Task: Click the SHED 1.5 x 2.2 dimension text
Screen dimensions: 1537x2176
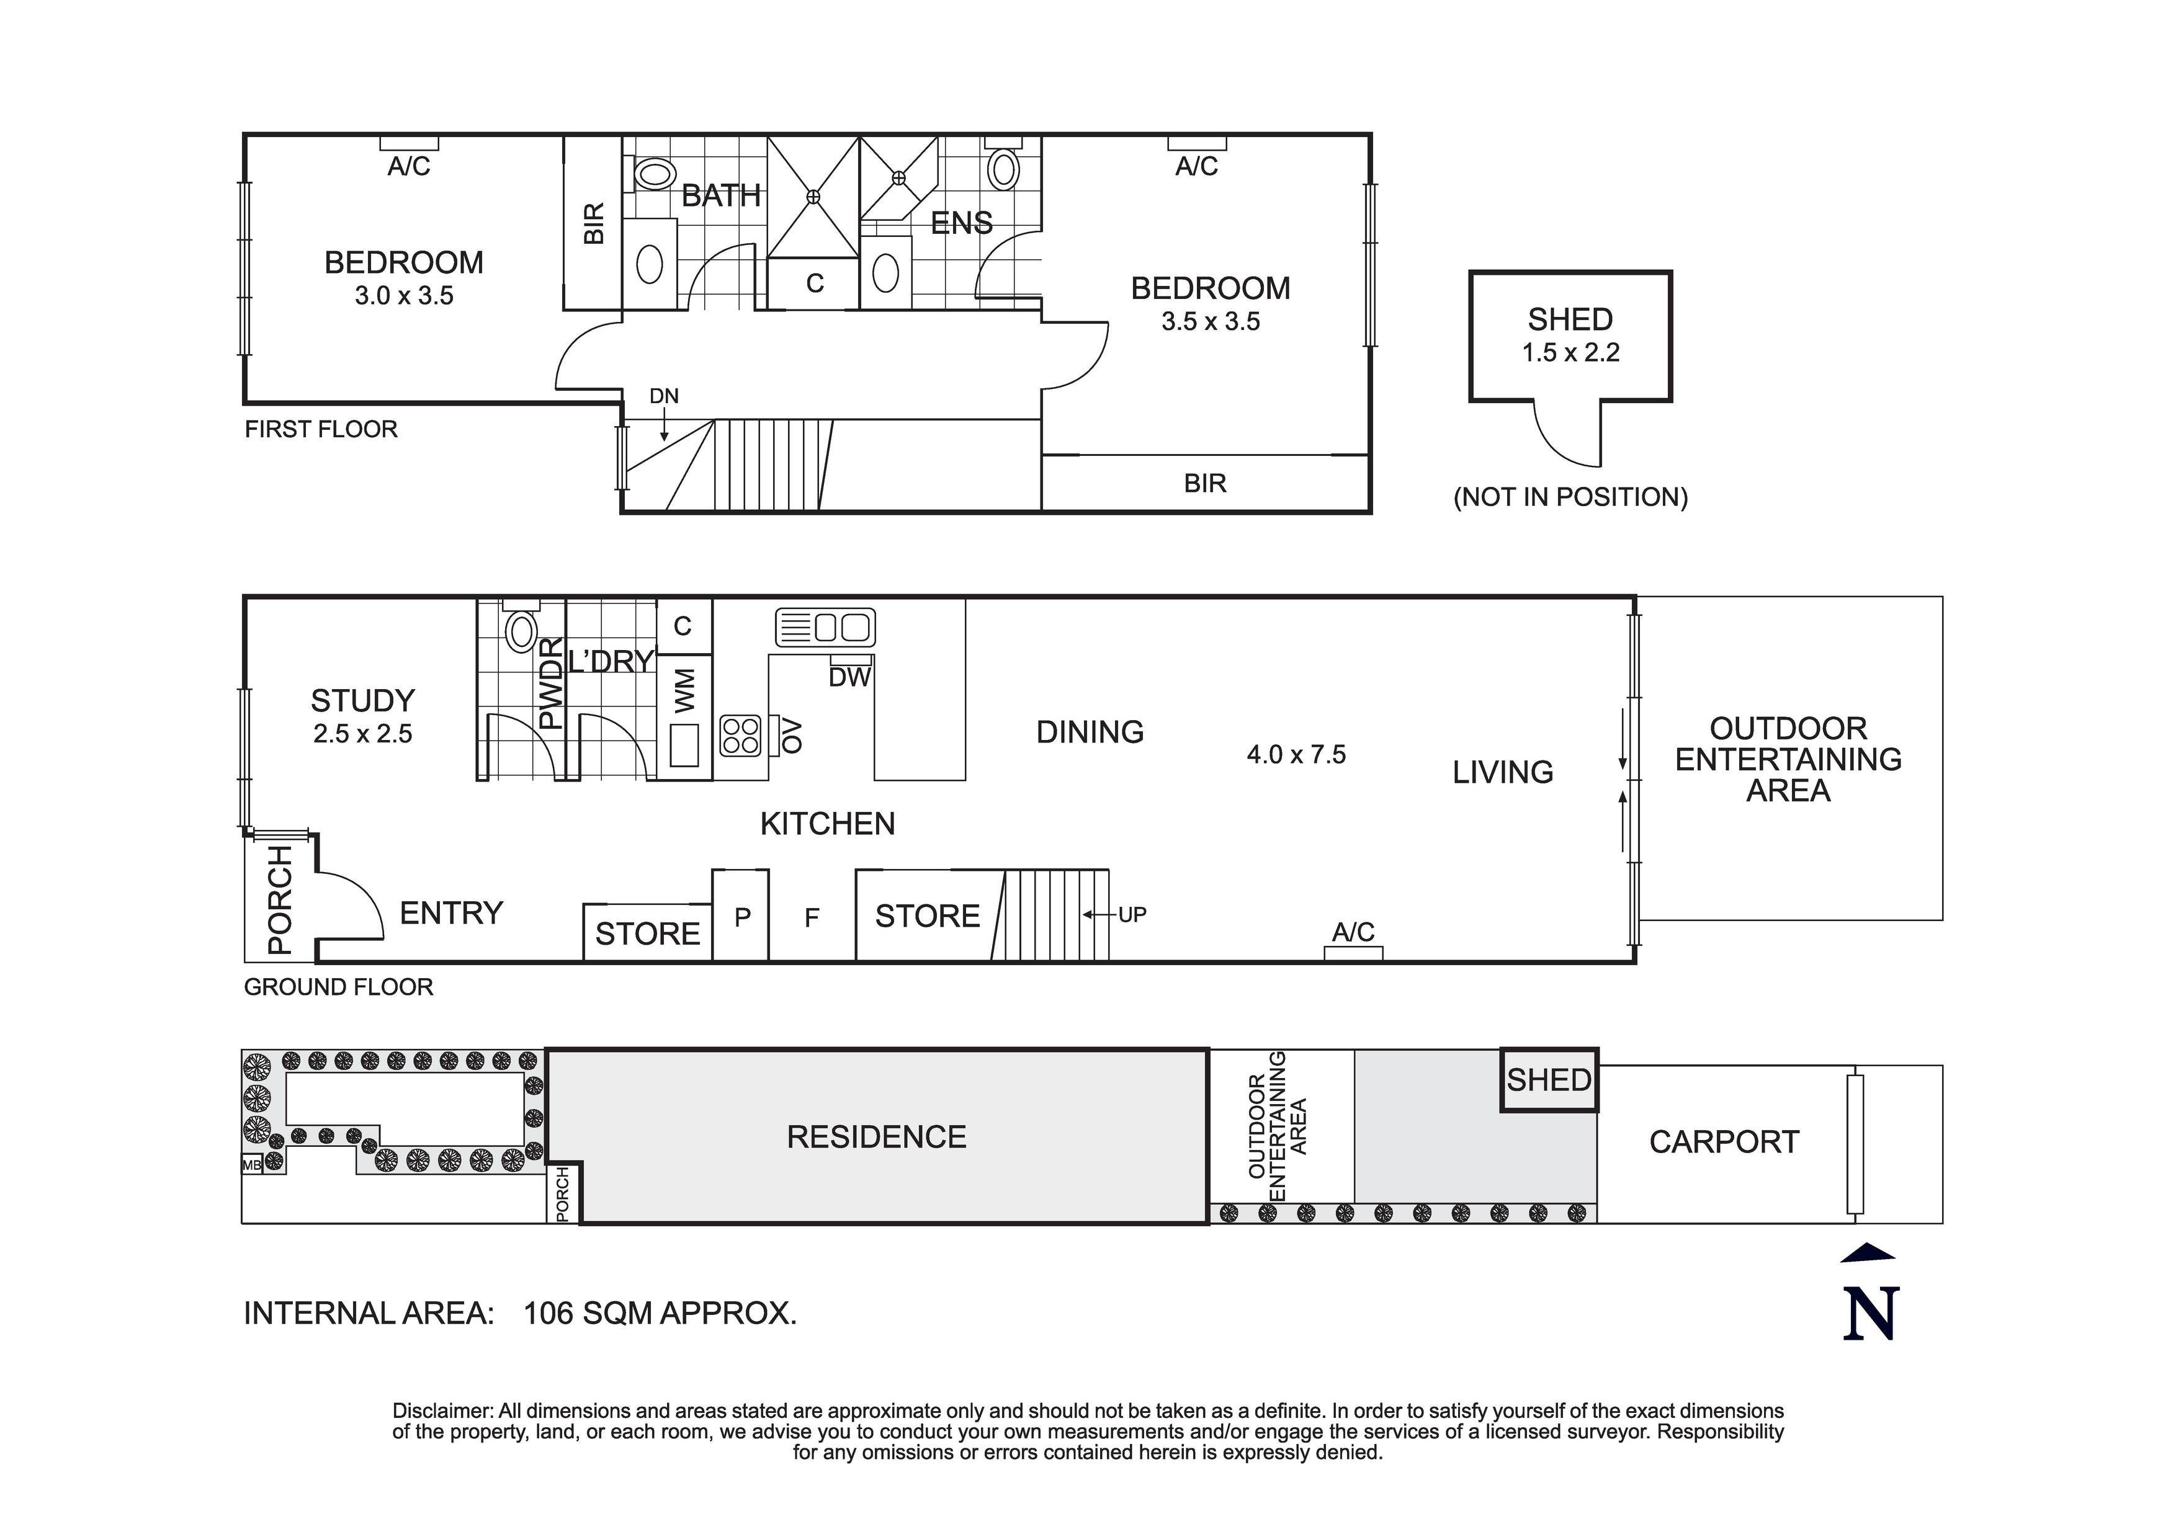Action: tap(1570, 352)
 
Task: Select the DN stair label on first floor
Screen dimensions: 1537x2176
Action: tap(663, 396)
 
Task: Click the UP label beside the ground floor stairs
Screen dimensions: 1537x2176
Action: tap(1132, 914)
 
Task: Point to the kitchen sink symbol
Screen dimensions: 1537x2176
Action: tap(825, 627)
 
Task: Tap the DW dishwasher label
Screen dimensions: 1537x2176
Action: tap(849, 677)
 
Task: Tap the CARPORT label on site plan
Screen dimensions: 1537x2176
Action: tap(1723, 1142)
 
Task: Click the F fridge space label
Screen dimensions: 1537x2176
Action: tap(811, 917)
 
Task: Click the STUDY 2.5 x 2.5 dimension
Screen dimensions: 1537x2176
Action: tap(363, 733)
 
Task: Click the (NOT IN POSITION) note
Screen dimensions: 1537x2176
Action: tap(1570, 497)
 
